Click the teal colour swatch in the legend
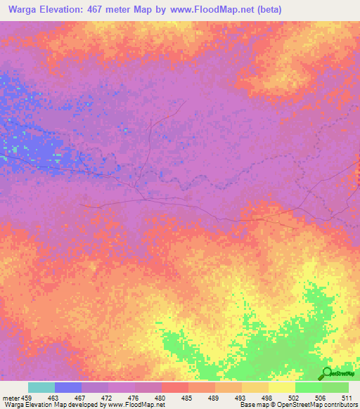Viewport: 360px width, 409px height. click(41, 387)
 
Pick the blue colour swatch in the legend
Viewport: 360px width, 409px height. click(68, 387)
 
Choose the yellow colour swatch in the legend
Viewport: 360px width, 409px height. click(281, 387)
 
